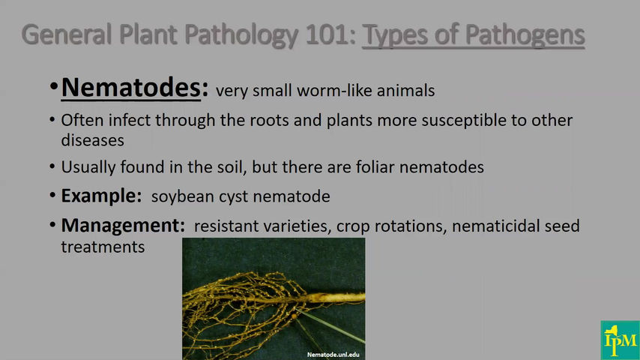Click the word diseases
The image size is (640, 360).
pyautogui.click(x=92, y=140)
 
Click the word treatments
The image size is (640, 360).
pyautogui.click(x=103, y=247)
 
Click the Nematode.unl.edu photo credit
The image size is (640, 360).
pyautogui.click(x=334, y=354)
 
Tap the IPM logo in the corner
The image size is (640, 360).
pyautogui.click(x=620, y=340)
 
